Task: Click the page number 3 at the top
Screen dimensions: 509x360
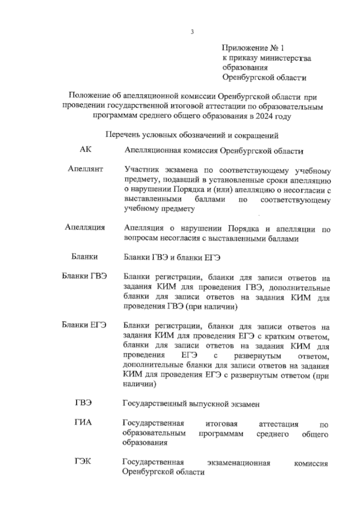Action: click(x=192, y=32)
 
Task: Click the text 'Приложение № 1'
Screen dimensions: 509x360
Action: click(x=253, y=48)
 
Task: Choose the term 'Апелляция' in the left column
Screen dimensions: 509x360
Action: click(x=85, y=227)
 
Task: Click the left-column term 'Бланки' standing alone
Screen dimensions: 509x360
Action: click(x=85, y=257)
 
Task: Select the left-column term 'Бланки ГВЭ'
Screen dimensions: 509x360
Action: click(x=84, y=276)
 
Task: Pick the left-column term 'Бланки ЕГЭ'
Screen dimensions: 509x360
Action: click(x=84, y=325)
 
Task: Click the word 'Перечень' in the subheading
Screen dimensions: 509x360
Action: click(x=123, y=135)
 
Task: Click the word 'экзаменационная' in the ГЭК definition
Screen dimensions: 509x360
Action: click(x=239, y=463)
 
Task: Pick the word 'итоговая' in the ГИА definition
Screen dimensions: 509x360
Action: click(x=221, y=424)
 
